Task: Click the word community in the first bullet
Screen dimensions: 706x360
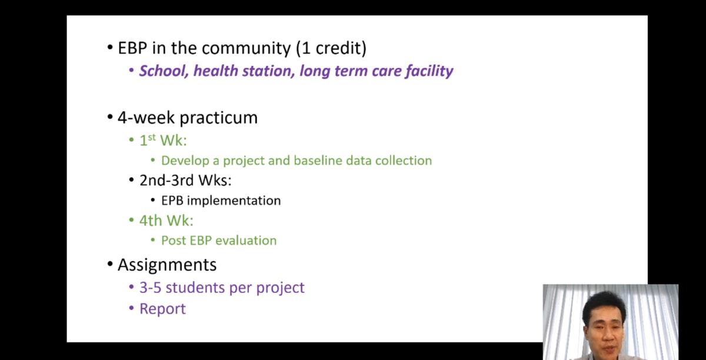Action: (x=246, y=49)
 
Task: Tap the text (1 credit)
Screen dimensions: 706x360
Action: (x=331, y=48)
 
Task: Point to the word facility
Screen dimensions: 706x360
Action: (x=429, y=71)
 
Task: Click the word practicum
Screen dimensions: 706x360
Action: (x=218, y=118)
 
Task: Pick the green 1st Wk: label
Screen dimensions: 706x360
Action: (x=163, y=140)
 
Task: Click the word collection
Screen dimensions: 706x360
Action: (x=404, y=161)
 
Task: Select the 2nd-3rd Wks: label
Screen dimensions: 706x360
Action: (x=185, y=181)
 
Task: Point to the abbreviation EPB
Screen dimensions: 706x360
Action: (x=172, y=201)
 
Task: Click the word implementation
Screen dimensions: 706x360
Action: (x=234, y=201)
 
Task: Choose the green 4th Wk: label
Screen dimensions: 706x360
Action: (x=166, y=221)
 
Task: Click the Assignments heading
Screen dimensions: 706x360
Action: (x=167, y=265)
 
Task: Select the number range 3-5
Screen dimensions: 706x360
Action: (x=151, y=288)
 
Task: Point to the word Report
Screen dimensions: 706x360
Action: (x=162, y=309)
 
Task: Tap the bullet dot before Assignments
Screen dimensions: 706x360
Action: (x=110, y=264)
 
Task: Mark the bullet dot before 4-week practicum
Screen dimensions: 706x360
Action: (x=110, y=117)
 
